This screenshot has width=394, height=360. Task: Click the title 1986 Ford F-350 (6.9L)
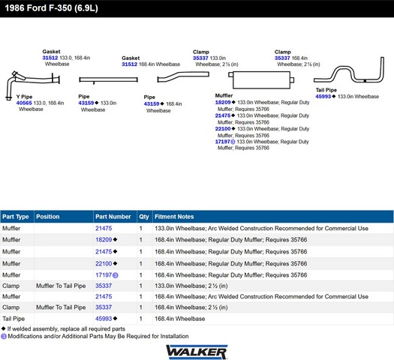[x=51, y=8]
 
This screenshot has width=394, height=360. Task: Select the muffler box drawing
[x=261, y=79]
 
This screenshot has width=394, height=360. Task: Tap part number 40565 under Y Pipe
[x=24, y=103]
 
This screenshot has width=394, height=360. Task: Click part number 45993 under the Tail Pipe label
[x=323, y=97]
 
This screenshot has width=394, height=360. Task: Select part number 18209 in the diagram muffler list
[x=223, y=102]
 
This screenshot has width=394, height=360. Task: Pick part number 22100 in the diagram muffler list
[x=223, y=128]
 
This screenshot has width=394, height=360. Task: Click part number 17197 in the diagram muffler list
[x=223, y=142]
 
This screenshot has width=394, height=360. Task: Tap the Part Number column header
[x=113, y=217]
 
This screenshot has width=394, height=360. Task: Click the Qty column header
[x=144, y=217]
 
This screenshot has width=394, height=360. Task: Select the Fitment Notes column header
[x=174, y=217]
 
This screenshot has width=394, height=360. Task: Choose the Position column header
[x=48, y=217]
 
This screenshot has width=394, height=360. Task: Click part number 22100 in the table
[x=104, y=263]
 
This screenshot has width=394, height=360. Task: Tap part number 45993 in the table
[x=104, y=319]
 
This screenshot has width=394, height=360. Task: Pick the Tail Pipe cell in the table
[x=14, y=319]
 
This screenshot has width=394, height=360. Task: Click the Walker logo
[x=197, y=352]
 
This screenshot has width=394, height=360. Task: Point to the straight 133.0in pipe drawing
[x=108, y=79]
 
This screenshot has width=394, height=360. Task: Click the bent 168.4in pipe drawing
[x=183, y=76]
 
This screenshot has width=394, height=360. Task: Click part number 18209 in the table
[x=104, y=239]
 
